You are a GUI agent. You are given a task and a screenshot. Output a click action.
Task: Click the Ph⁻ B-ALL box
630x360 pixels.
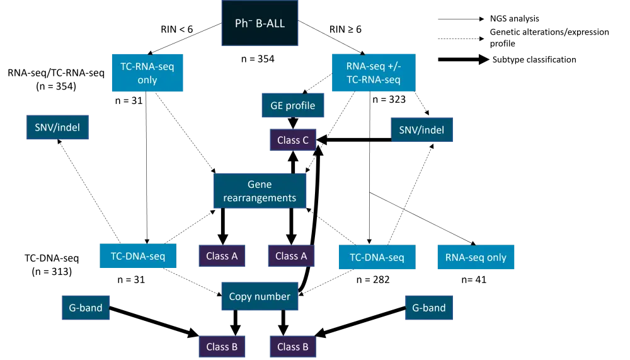(x=260, y=24)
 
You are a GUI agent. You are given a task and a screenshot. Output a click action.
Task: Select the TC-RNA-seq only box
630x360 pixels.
(x=147, y=73)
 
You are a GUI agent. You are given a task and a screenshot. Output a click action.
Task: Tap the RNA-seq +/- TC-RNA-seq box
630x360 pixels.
(x=373, y=73)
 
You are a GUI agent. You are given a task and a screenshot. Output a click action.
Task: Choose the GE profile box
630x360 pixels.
(x=293, y=105)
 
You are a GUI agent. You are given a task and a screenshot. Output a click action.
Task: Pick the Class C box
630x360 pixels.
(x=292, y=140)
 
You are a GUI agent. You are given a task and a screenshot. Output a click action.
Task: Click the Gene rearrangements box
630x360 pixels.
(x=260, y=191)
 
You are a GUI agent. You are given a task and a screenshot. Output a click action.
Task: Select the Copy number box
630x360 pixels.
(x=260, y=296)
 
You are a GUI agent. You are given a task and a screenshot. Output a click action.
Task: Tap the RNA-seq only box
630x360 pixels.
(x=476, y=257)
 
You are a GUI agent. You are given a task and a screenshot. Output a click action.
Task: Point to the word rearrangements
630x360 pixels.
(x=260, y=198)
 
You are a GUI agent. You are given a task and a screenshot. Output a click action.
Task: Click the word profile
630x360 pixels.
(x=301, y=105)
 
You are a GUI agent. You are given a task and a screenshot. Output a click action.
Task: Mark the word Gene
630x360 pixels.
(x=260, y=184)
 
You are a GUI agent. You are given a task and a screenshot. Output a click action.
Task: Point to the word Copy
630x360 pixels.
(x=241, y=296)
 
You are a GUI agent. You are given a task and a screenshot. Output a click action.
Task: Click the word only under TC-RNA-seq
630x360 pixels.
(x=147, y=80)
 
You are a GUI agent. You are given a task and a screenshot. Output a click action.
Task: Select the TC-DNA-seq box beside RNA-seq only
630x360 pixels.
(x=377, y=257)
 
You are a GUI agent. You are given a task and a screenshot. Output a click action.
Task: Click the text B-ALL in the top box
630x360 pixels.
(x=270, y=24)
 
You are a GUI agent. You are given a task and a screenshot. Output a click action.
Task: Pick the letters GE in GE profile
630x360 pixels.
(x=277, y=105)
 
